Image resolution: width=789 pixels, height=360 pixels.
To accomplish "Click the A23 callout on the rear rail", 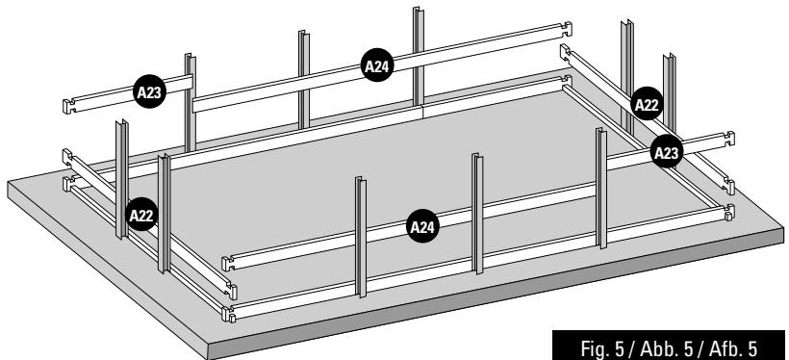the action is click(149, 91).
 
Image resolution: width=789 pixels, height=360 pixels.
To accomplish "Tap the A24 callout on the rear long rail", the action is click(377, 65).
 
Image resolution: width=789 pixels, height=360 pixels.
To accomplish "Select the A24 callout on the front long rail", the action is click(422, 226).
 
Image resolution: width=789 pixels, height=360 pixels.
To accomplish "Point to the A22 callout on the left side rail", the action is click(141, 215).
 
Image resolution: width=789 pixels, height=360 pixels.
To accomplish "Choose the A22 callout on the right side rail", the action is click(647, 104).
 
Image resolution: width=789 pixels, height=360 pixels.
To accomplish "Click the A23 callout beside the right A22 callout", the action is click(667, 152).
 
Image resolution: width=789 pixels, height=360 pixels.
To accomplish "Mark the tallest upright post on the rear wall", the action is click(419, 57).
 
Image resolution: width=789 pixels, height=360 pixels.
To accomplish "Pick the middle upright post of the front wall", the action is click(477, 214).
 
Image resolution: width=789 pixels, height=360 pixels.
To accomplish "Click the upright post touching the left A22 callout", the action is click(122, 178).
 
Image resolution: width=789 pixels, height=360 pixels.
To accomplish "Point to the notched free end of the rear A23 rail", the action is click(69, 106).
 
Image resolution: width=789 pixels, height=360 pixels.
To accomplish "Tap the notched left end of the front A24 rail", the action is click(229, 263).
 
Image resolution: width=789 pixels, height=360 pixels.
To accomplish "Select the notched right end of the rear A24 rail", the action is click(566, 29).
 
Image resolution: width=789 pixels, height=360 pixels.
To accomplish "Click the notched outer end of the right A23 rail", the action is click(728, 139).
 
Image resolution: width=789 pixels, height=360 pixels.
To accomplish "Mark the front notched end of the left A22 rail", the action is click(232, 291).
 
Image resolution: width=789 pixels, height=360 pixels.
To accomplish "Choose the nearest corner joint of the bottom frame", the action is click(229, 314).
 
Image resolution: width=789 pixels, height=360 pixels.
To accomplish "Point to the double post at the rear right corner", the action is click(627, 75).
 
